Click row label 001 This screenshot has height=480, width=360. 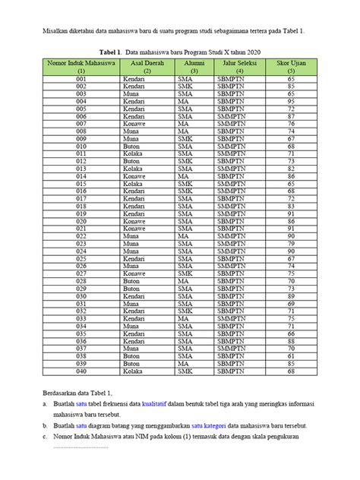pyautogui.click(x=81, y=78)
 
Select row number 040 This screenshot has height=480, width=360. pyautogui.click(x=81, y=372)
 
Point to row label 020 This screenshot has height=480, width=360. pyautogui.click(x=81, y=221)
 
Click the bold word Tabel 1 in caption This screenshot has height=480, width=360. pyautogui.click(x=105, y=50)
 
